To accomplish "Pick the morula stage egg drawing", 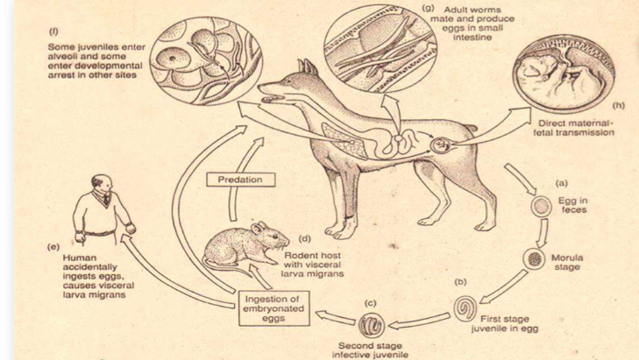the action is click(533, 260).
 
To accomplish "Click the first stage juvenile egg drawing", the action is click(465, 309).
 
